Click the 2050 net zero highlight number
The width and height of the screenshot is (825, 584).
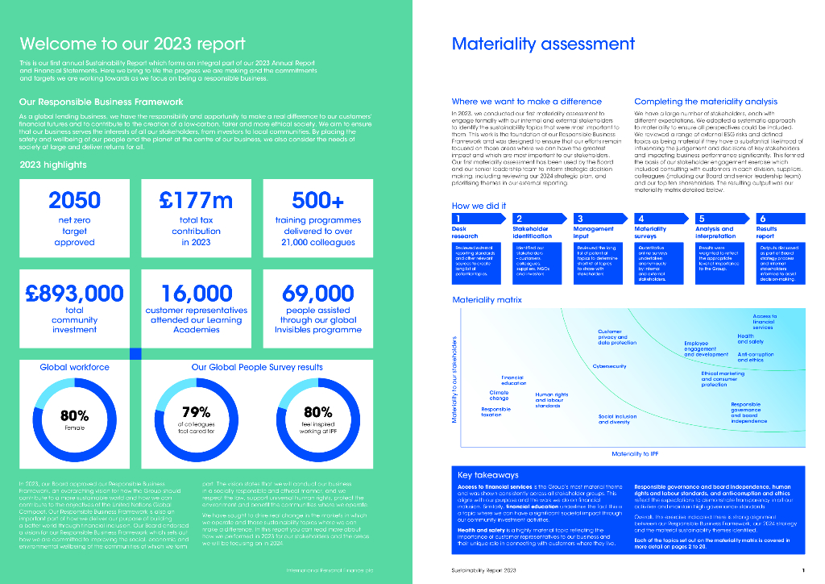pos(75,199)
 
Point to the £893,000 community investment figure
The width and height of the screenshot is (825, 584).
pos(74,292)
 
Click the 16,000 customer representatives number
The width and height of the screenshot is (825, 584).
pos(196,292)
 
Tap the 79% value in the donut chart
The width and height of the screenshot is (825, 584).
pos(195,412)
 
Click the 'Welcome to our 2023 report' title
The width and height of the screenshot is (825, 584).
pos(132,44)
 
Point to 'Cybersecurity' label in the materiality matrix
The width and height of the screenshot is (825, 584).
pos(609,366)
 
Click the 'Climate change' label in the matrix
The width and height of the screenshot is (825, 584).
pos(500,394)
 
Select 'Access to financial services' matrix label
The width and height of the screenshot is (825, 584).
pos(763,322)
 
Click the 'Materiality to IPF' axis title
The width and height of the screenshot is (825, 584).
pos(636,454)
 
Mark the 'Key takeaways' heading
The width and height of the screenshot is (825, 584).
pos(488,475)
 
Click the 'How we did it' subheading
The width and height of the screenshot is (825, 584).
pos(479,206)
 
